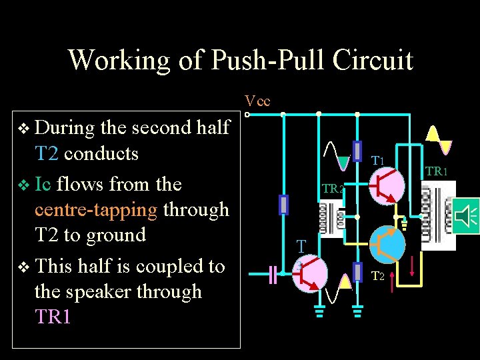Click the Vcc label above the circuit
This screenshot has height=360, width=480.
coord(257,101)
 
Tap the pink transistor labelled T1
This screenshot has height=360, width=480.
coord(388,185)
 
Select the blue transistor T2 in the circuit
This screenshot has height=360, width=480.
coord(387,245)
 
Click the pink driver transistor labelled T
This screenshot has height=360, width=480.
coord(310,273)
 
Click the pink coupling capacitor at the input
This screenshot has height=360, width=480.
coord(273,274)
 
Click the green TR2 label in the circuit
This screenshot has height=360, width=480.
coord(333,189)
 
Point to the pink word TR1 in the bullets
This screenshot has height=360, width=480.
coord(53,317)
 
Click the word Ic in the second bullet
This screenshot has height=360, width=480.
coord(43,183)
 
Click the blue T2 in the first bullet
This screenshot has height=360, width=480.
coord(47,153)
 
